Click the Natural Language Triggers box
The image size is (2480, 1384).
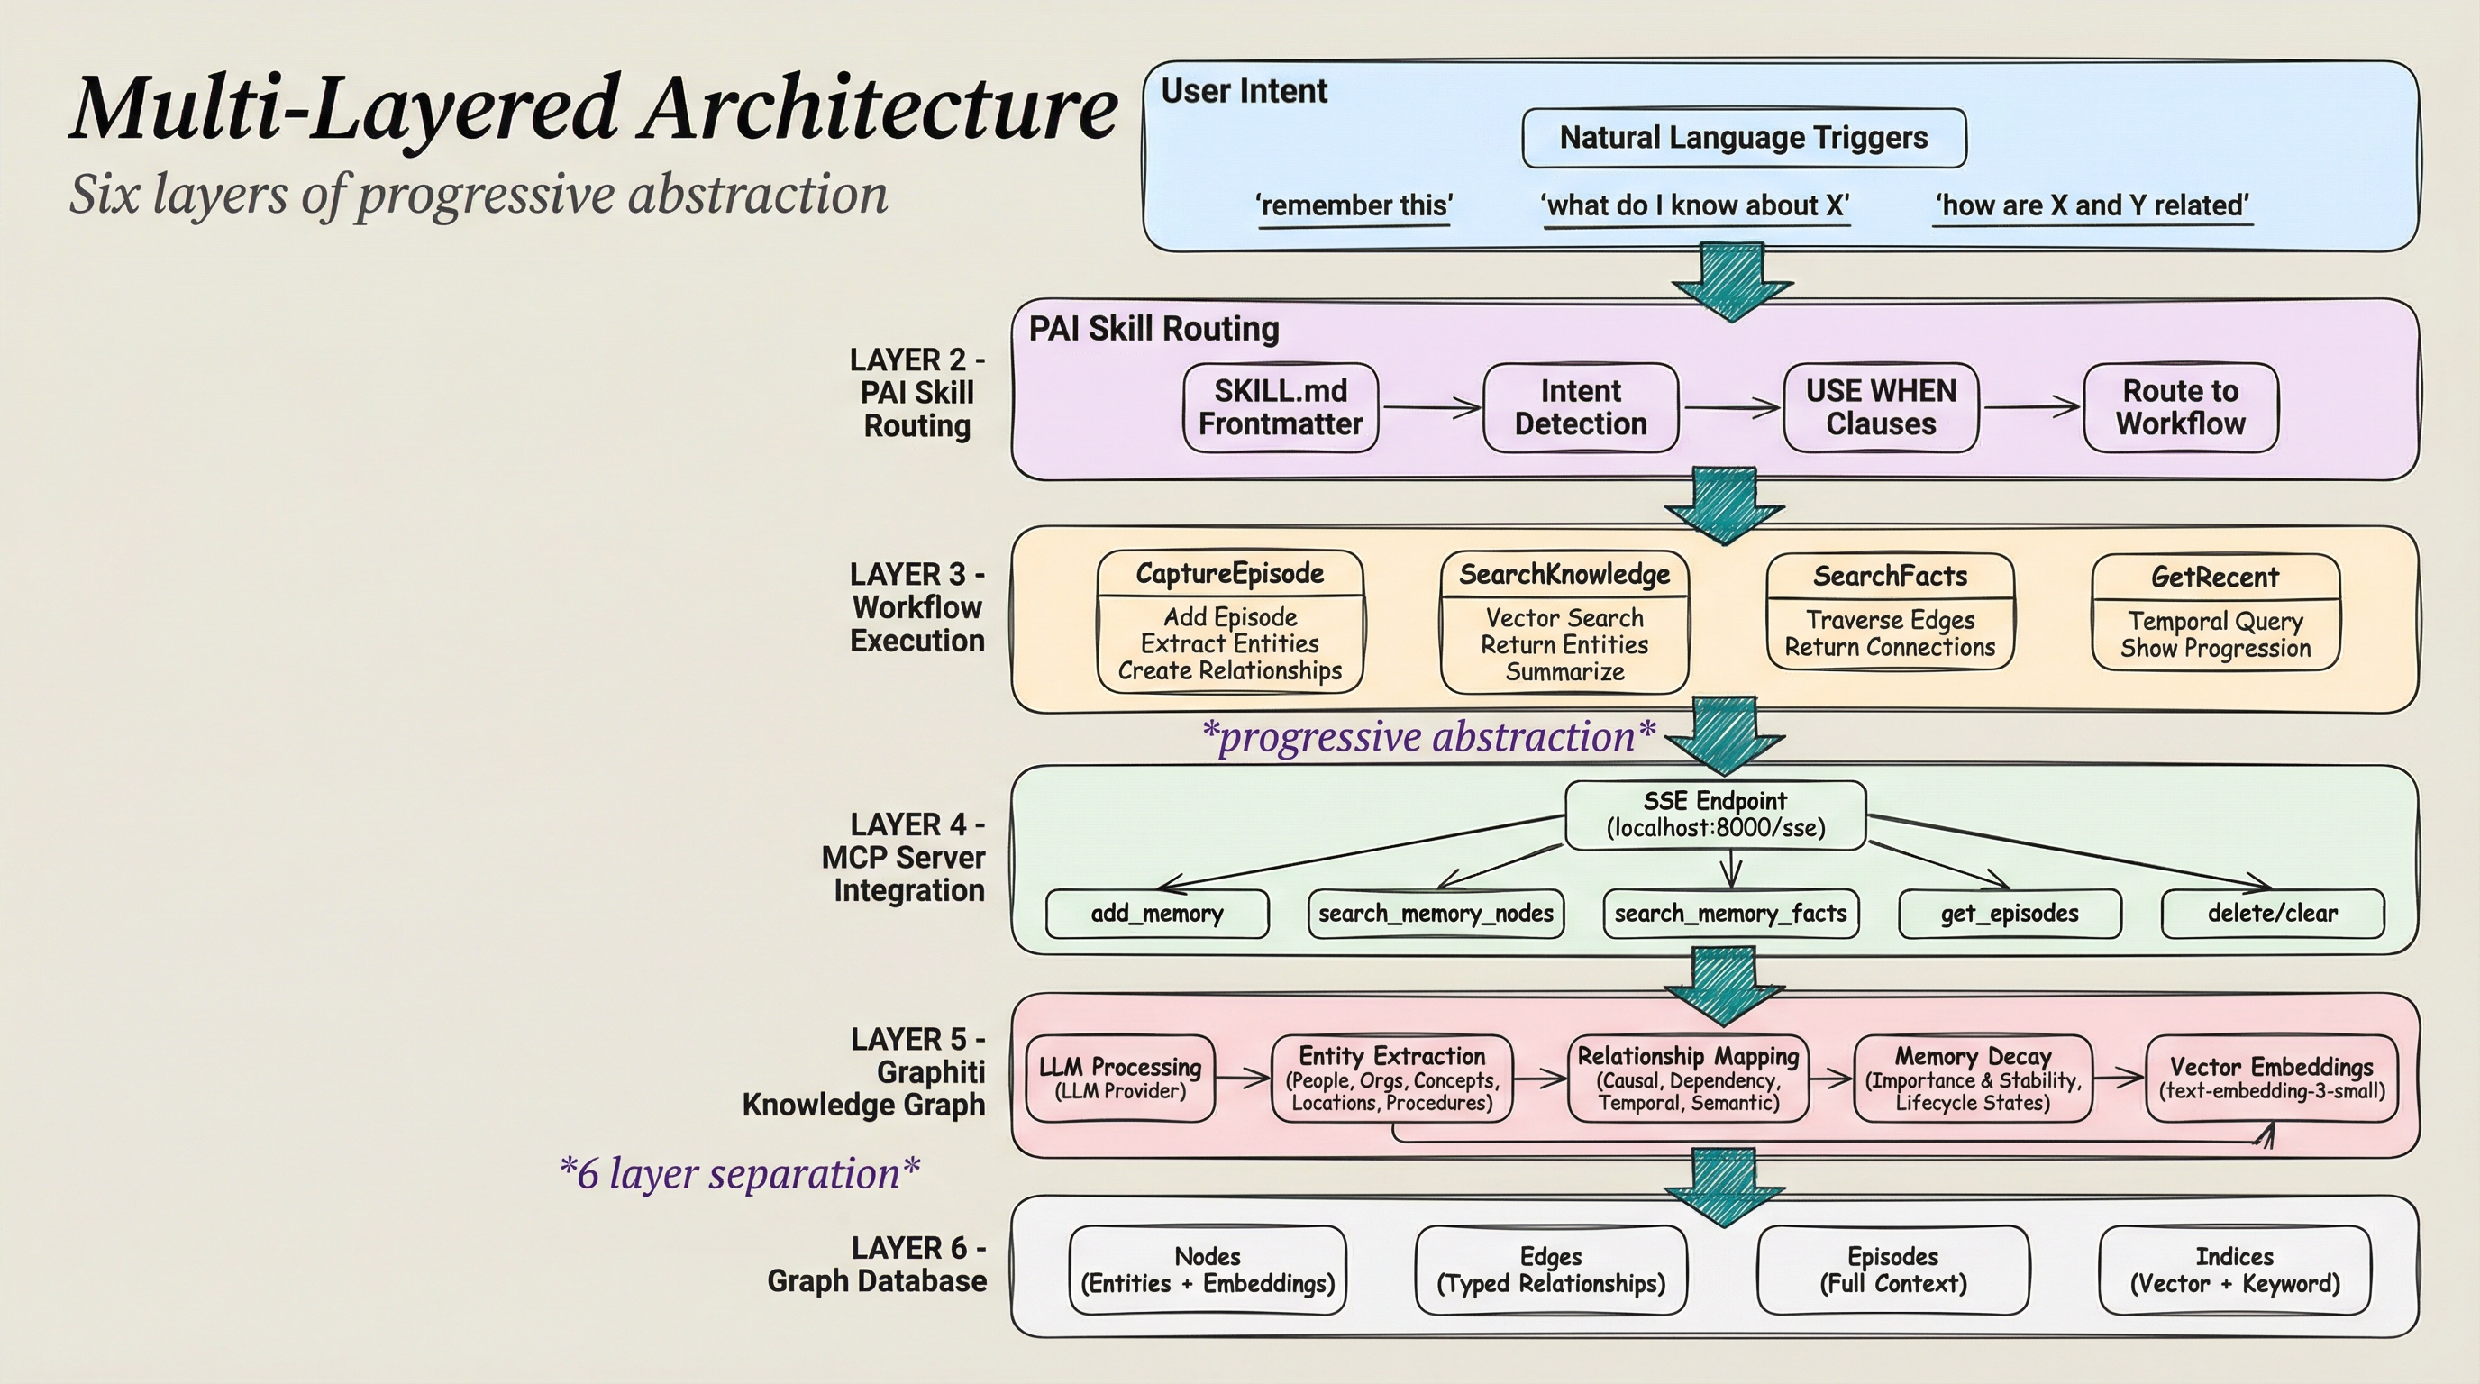click(1744, 138)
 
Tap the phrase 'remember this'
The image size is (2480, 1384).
click(1354, 205)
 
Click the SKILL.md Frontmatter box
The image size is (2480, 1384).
click(1281, 407)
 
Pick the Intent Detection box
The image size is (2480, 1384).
click(1581, 407)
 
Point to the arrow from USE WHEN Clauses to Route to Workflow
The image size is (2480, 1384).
click(2031, 407)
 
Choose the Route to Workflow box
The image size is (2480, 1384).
click(2181, 407)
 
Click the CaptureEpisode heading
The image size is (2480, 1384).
click(1229, 574)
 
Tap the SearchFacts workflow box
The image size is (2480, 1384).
click(1890, 611)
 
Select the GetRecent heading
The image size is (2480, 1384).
click(2215, 577)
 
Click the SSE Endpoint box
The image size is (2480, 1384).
click(1716, 815)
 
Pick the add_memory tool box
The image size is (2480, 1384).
click(1157, 914)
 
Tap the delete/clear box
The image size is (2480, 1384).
click(2272, 914)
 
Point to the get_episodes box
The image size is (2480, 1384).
click(2010, 914)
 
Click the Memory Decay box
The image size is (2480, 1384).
click(1973, 1078)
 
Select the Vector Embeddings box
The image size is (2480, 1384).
click(2271, 1078)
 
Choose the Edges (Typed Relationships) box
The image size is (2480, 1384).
click(1550, 1270)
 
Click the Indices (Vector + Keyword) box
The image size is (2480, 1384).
click(2234, 1270)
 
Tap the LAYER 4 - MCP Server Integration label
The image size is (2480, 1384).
click(905, 858)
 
